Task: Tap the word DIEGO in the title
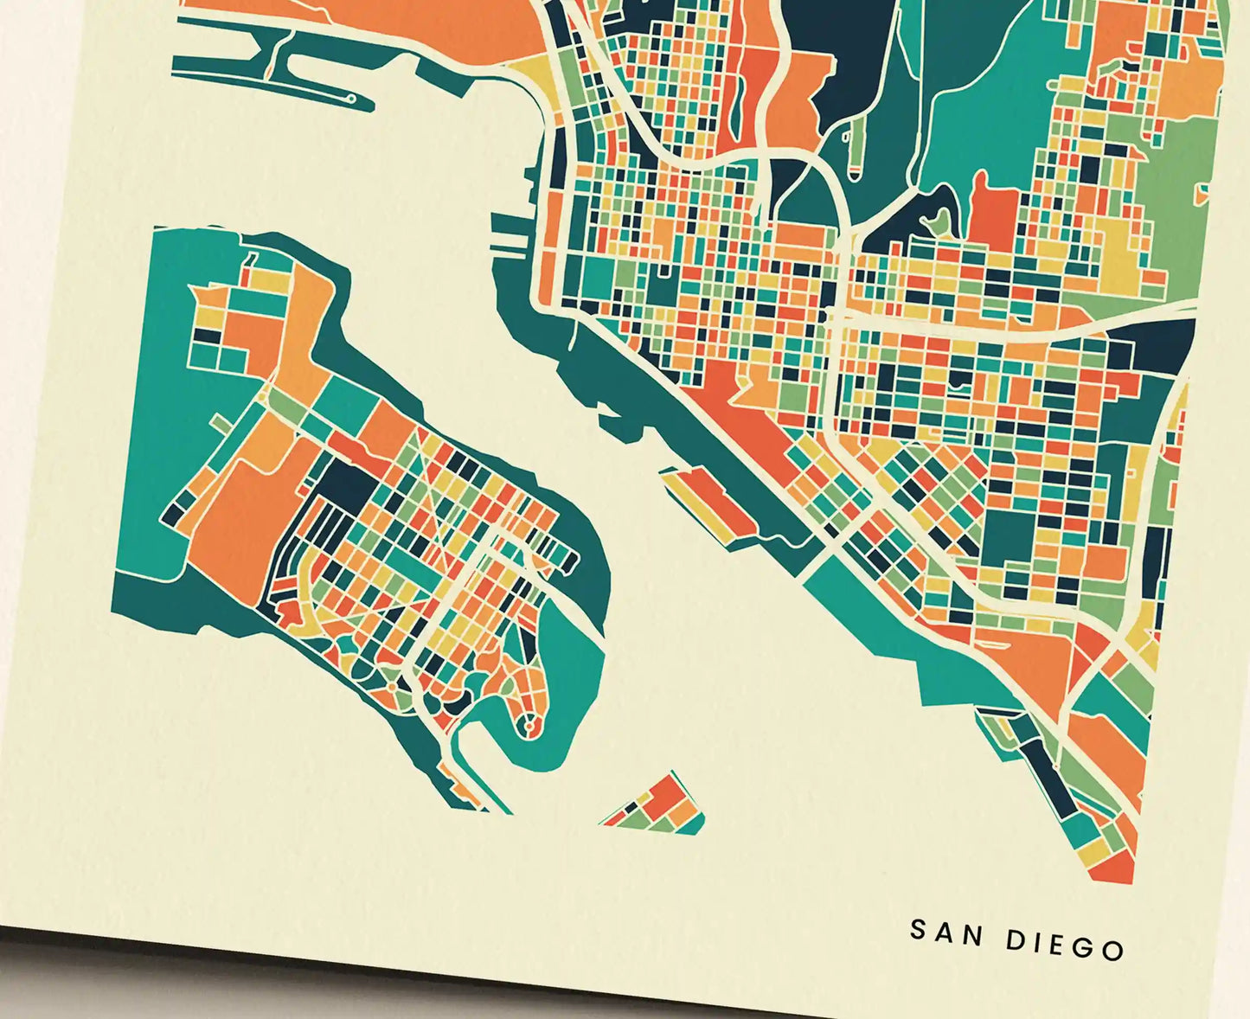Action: pos(1065,944)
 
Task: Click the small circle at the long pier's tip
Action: pos(351,99)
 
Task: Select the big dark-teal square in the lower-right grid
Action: pos(1009,536)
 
